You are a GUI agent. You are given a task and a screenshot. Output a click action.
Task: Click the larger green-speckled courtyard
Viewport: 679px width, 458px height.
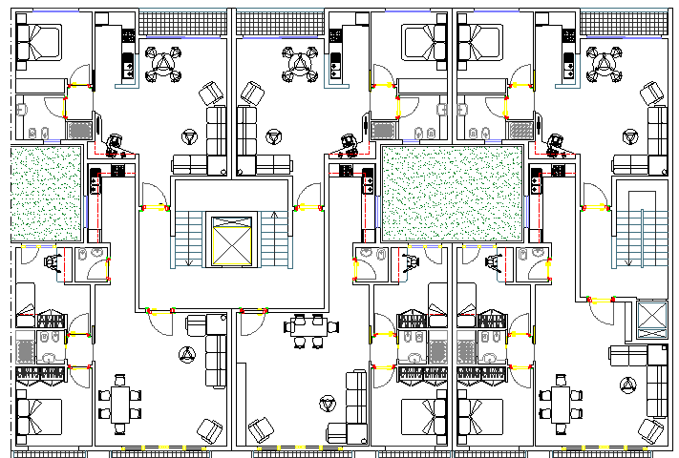click(452, 193)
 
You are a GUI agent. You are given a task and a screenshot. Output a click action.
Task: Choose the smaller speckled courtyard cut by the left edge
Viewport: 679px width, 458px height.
click(46, 193)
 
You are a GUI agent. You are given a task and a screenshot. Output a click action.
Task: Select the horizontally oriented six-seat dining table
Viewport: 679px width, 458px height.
click(310, 327)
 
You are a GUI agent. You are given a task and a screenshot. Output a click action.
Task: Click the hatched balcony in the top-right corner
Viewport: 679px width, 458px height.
click(624, 24)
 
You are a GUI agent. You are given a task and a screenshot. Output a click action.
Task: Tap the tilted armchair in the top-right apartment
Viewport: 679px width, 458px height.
click(652, 93)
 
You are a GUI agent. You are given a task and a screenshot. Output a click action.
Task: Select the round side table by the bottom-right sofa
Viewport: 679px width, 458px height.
click(627, 385)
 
